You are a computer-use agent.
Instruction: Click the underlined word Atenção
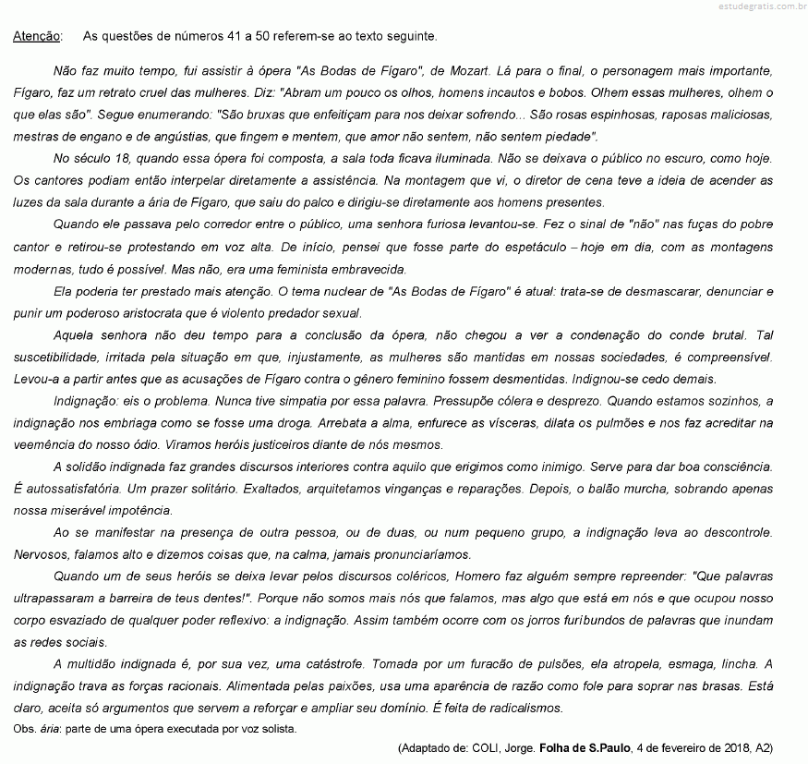[x=38, y=37]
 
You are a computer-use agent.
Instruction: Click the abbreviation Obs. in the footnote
[x=27, y=729]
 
